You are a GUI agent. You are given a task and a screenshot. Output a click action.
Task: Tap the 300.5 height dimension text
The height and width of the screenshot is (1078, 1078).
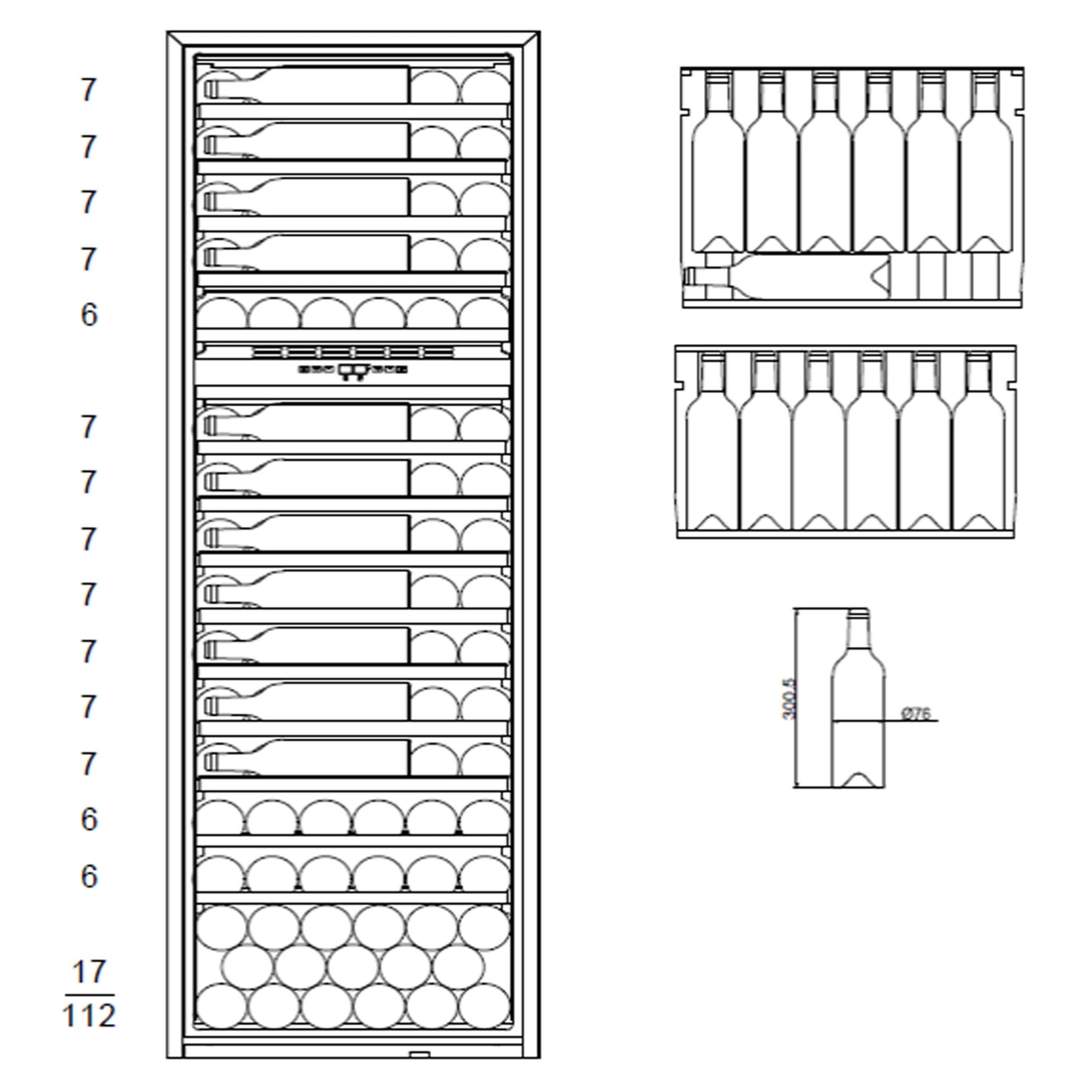[789, 699]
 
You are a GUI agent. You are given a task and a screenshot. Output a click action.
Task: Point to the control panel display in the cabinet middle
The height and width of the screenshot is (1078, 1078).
[352, 369]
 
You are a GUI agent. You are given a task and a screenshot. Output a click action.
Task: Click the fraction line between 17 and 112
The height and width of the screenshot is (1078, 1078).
[89, 994]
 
